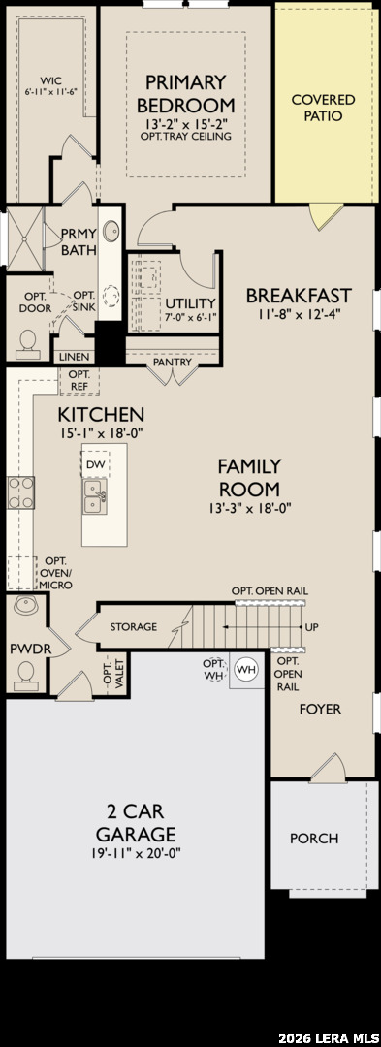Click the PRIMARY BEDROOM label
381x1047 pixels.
pyautogui.click(x=186, y=93)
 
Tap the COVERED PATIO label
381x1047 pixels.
pyautogui.click(x=324, y=108)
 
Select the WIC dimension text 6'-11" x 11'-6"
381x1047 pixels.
pyautogui.click(x=51, y=91)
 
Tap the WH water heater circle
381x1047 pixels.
pyautogui.click(x=246, y=669)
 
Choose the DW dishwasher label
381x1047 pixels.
pyautogui.click(x=95, y=463)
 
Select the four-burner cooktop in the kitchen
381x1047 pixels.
pyautogui.click(x=20, y=492)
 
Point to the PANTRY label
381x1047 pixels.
pyautogui.click(x=173, y=362)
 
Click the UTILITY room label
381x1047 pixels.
pyautogui.click(x=191, y=302)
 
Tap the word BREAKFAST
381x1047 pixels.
pyautogui.click(x=299, y=295)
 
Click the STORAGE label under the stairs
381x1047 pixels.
pyautogui.click(x=134, y=626)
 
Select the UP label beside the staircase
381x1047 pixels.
pyautogui.click(x=311, y=627)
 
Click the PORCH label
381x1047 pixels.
pyautogui.click(x=313, y=838)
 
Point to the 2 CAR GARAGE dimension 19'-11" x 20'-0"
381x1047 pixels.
pyautogui.click(x=136, y=853)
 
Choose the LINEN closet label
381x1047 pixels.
pyautogui.click(x=74, y=357)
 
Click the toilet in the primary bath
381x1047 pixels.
pyautogui.click(x=28, y=340)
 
